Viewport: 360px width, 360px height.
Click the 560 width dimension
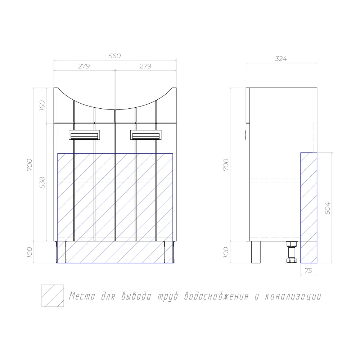[x=114, y=56]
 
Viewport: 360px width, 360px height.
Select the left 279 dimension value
[x=84, y=66]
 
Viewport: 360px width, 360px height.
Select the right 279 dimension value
[x=145, y=66]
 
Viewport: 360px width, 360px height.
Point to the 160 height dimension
[x=42, y=105]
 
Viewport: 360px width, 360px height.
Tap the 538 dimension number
[x=42, y=183]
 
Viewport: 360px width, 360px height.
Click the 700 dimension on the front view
[x=30, y=165]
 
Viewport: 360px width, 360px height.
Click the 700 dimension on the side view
[x=226, y=165]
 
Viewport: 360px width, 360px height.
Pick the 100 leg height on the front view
[x=30, y=252]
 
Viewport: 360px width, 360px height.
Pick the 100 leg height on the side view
[x=226, y=252]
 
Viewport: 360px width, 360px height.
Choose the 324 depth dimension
[x=281, y=59]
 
